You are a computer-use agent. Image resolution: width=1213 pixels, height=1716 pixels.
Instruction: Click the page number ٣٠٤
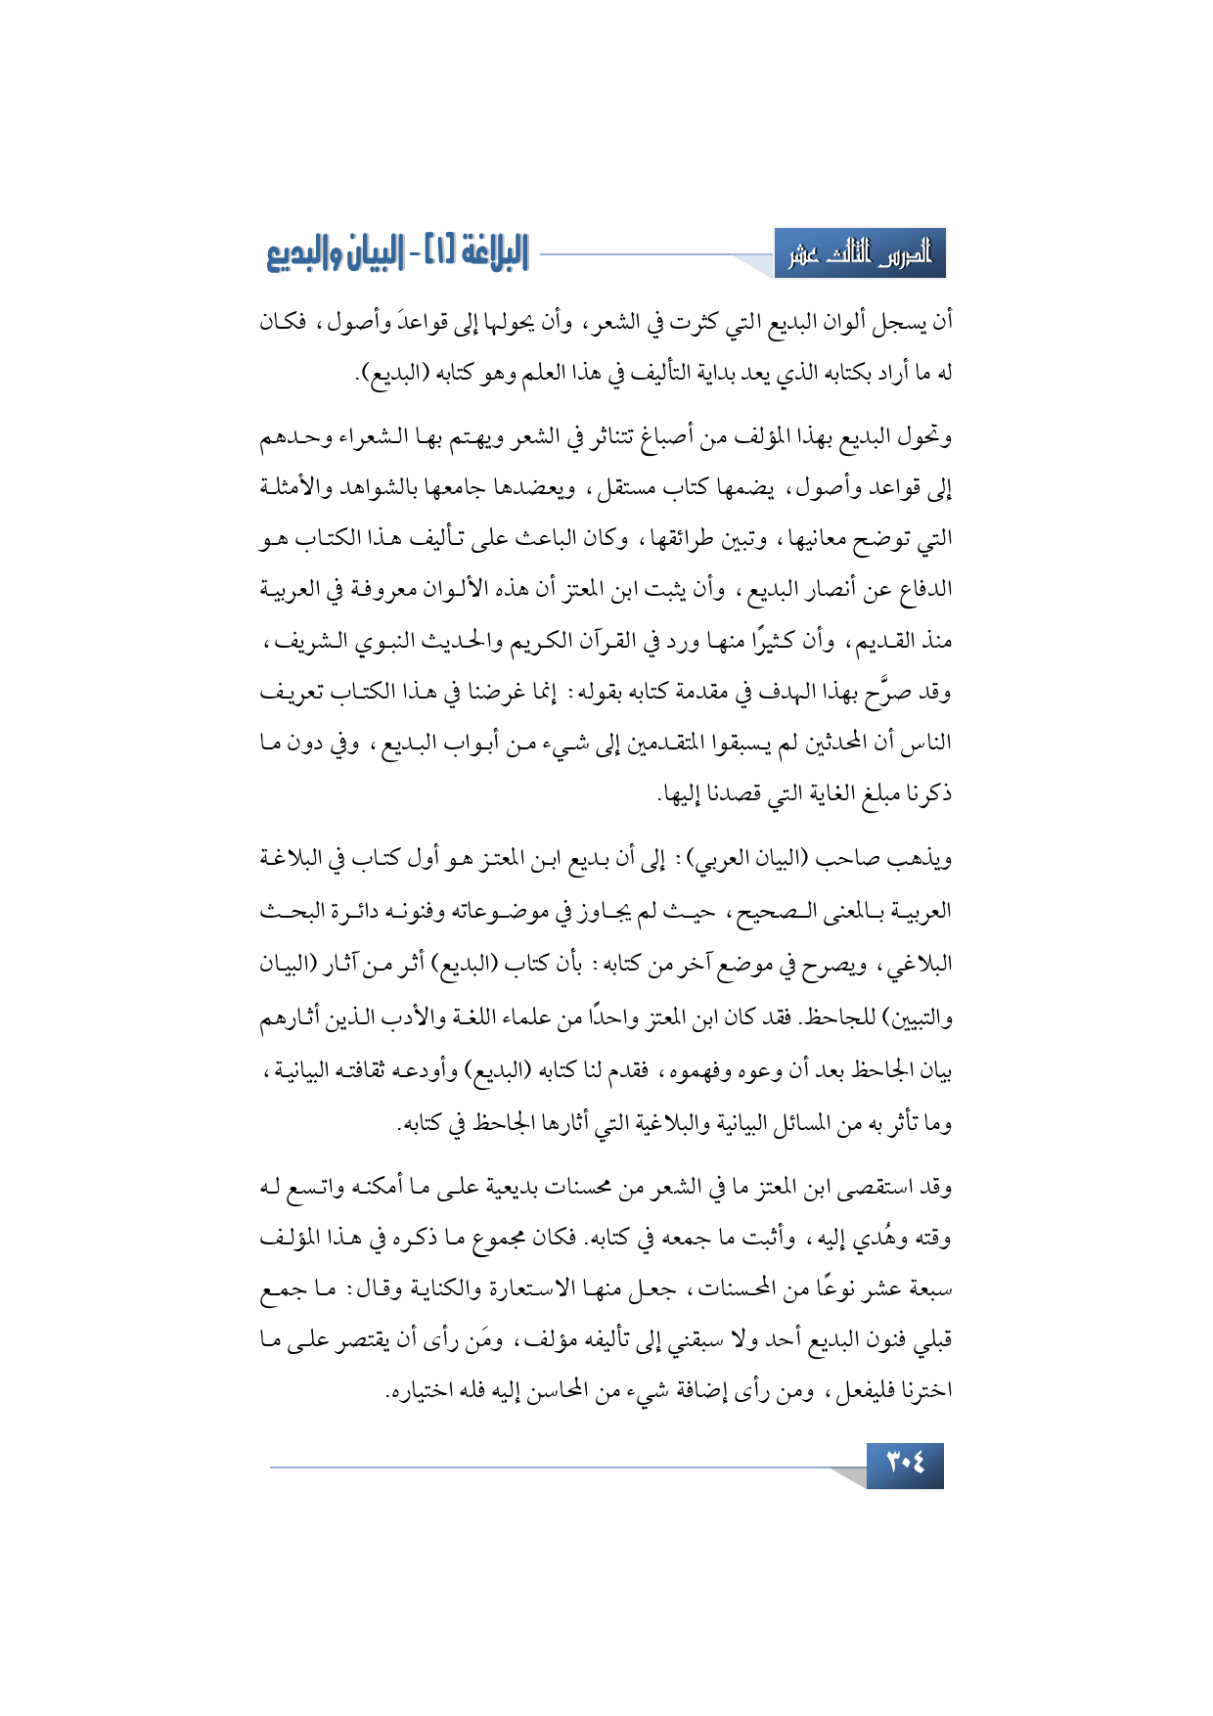pos(905,1465)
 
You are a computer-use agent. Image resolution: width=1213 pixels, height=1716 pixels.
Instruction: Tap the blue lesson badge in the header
pos(860,254)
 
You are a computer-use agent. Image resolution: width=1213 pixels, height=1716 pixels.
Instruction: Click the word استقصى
pos(876,1187)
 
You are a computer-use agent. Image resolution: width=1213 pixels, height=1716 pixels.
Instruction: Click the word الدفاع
pos(923,590)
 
